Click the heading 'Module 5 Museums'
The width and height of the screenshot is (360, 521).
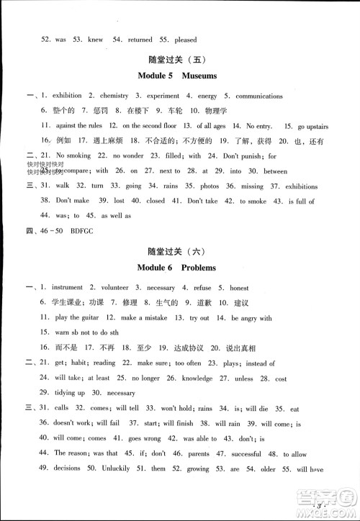[180, 76]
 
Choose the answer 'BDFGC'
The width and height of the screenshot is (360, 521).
[78, 229]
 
